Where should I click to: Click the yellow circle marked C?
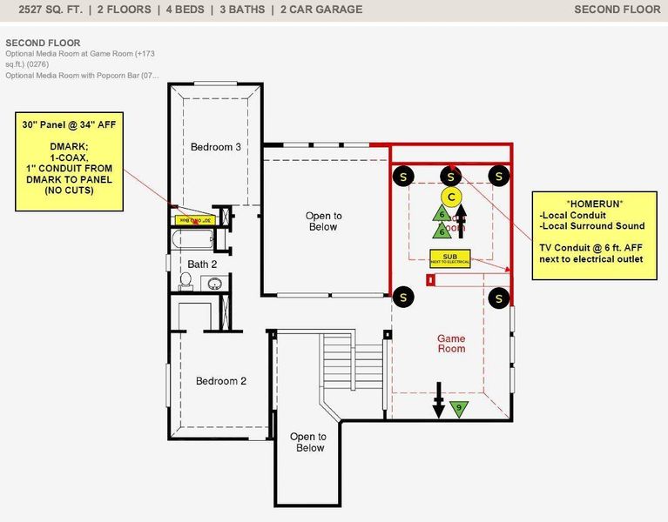(451, 196)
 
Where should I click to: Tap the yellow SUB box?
(449, 258)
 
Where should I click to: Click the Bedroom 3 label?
(215, 147)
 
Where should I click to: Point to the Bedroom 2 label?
(220, 381)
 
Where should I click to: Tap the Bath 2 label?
(202, 264)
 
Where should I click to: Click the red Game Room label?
(450, 344)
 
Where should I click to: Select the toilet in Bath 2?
(186, 280)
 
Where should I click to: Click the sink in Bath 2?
(213, 283)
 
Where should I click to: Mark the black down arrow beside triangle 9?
(439, 405)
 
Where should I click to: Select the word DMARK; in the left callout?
(69, 147)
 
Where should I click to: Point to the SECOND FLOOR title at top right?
(617, 10)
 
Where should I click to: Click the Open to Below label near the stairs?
(309, 442)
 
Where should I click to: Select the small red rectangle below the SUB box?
(428, 279)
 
